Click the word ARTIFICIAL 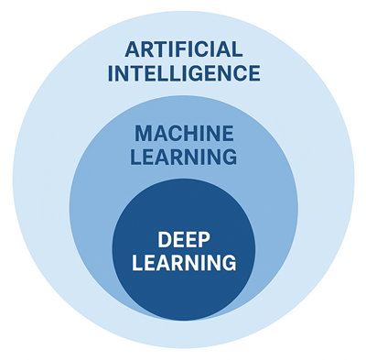click(x=183, y=49)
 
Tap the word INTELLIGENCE click(x=183, y=72)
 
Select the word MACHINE click(x=183, y=135)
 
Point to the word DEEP click(x=183, y=240)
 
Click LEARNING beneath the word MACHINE click(x=183, y=158)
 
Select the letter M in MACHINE click(x=143, y=135)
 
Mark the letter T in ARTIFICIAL click(x=156, y=49)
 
